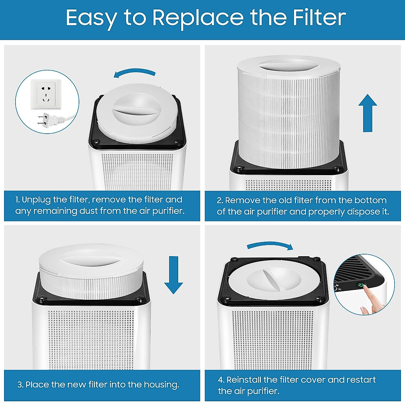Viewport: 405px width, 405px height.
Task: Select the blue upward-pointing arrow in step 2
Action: click(x=368, y=113)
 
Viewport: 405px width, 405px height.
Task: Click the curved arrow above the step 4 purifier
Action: click(x=270, y=245)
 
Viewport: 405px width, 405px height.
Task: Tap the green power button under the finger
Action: click(x=361, y=285)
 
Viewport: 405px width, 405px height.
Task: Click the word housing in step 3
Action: click(x=161, y=385)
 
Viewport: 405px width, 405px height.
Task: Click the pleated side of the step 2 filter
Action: click(x=287, y=118)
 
